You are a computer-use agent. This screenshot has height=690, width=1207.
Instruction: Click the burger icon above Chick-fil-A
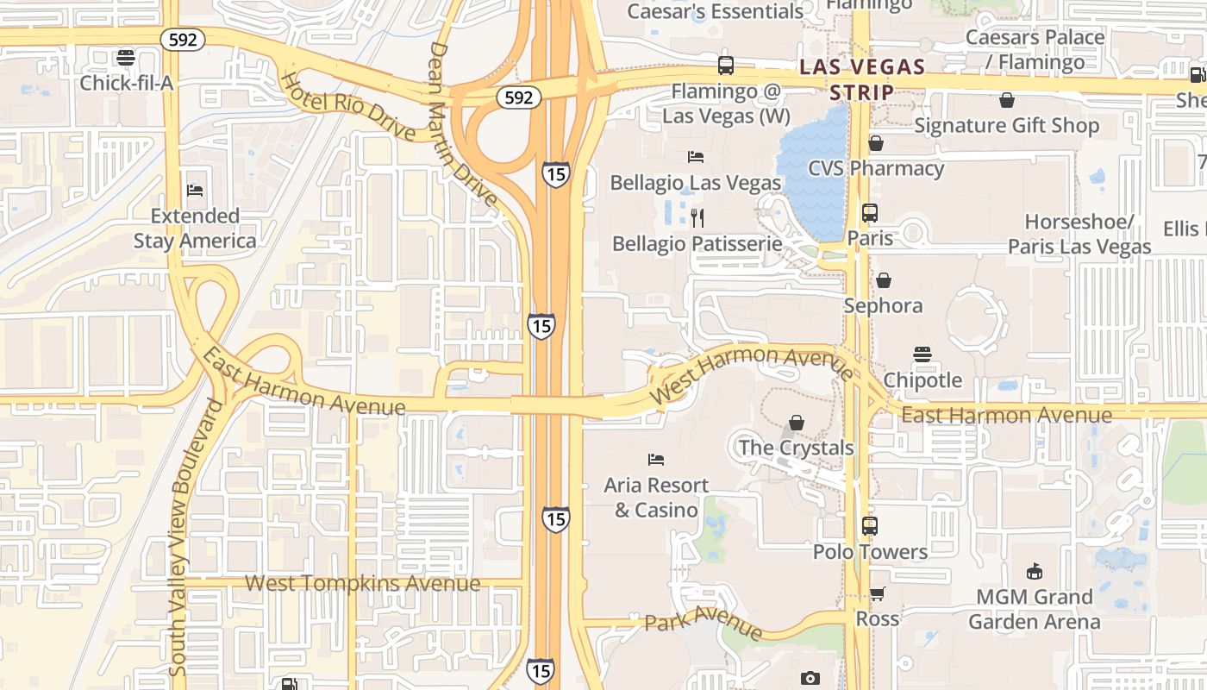coord(126,58)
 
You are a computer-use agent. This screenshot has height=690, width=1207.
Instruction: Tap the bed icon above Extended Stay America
coord(195,190)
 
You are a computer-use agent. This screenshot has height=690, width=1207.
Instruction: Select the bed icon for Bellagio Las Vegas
coord(695,157)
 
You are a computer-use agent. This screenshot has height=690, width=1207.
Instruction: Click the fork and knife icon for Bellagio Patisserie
coord(697,217)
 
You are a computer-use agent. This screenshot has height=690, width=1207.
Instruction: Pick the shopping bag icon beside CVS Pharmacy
coord(876,143)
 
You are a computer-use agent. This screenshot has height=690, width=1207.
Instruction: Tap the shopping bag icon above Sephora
coord(883,280)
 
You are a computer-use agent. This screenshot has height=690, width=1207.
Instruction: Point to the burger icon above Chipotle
coord(922,354)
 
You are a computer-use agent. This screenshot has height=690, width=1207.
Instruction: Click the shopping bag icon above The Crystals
coord(797,423)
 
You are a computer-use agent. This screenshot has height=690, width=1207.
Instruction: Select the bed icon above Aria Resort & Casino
coord(656,460)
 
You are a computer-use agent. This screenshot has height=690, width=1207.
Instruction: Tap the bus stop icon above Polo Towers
coord(870,525)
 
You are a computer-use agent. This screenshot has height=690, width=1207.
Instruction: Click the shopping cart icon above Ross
coord(878,593)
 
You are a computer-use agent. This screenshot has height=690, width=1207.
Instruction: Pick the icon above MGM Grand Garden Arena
coord(1034,571)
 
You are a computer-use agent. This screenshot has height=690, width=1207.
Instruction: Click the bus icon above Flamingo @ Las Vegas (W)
coord(726,66)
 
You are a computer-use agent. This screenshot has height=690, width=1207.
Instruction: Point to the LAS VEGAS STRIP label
coord(862,79)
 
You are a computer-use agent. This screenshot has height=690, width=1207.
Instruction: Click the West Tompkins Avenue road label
coord(362,584)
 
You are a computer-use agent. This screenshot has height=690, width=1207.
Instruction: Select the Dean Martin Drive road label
coord(463,125)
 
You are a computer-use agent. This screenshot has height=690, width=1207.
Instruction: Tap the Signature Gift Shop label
coord(1007,126)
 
